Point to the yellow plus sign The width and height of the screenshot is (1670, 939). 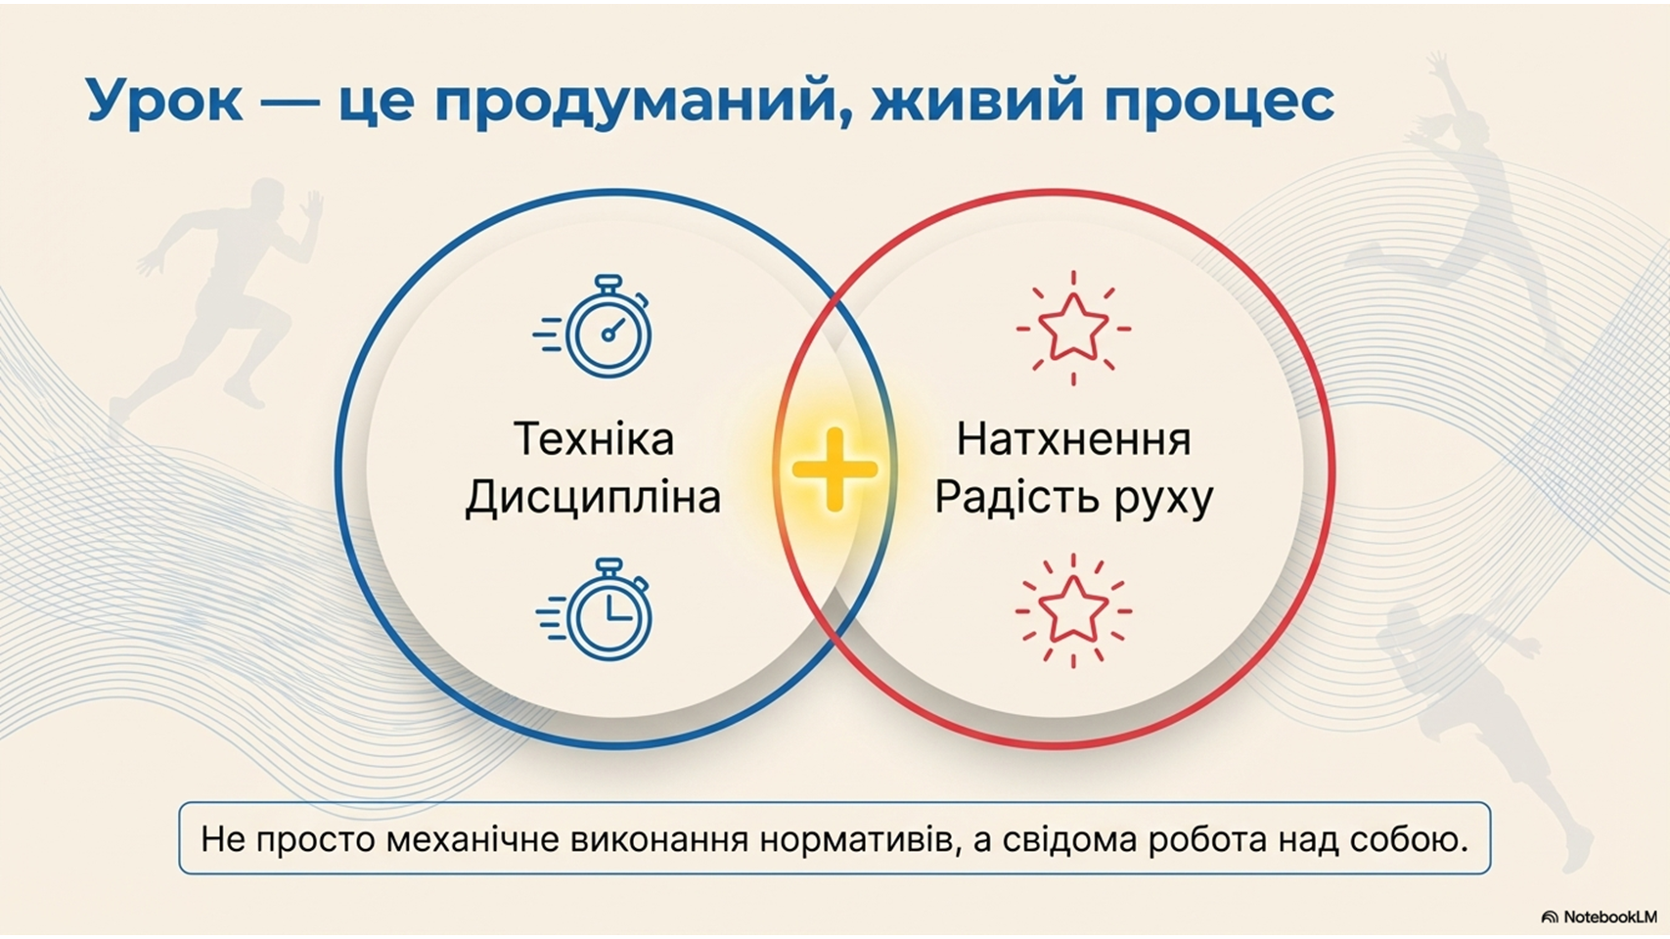835,469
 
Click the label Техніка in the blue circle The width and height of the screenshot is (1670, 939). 594,439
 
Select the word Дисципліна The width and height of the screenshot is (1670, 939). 594,497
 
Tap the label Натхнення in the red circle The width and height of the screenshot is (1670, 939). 1073,439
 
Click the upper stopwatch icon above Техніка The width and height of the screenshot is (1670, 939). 594,327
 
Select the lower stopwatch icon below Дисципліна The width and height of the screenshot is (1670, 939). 594,609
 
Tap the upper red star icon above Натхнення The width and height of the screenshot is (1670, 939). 1073,328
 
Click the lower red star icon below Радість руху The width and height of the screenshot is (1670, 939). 1073,610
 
